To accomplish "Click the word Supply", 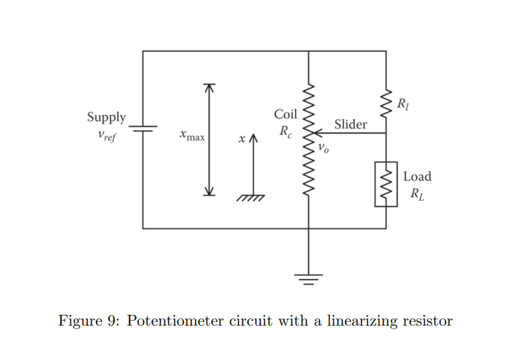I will tap(106, 117).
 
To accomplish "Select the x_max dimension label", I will tap(193, 135).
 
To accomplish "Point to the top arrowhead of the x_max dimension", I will tap(209, 87).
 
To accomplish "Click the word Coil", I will tap(285, 115).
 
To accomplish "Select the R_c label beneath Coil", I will tap(286, 132).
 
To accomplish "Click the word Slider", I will tap(351, 125).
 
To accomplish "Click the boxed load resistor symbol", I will tap(386, 184).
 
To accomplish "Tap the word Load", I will tap(417, 176).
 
